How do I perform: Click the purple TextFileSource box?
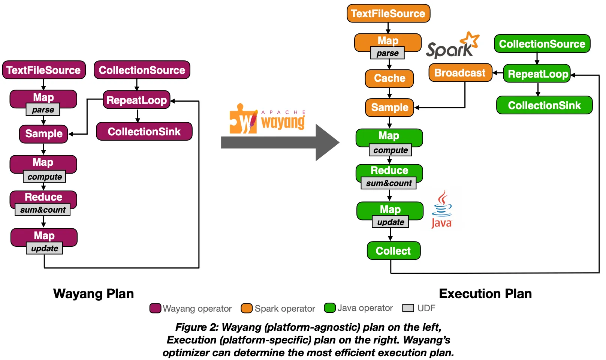44,70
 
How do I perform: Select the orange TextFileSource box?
388,13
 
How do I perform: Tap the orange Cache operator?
389,78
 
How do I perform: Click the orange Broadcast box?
460,73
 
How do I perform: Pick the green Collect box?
394,251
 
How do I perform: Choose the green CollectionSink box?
544,105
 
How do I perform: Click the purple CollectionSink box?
144,132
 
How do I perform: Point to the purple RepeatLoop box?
136,100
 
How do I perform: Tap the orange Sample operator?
389,108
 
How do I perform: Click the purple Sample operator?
43,134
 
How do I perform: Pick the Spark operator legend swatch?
247,308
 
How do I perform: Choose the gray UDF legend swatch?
408,308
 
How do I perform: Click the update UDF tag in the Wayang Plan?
45,248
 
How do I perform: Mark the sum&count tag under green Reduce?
389,183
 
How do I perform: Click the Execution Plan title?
485,294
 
